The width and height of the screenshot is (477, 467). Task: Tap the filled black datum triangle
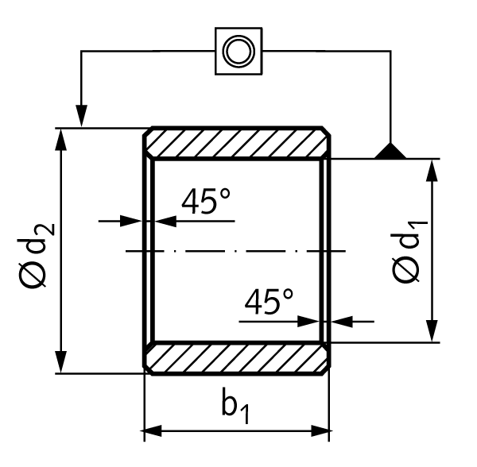pyautogui.click(x=391, y=151)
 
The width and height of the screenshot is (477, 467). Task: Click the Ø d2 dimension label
pyautogui.click(x=36, y=254)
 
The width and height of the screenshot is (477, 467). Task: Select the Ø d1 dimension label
pyautogui.click(x=406, y=253)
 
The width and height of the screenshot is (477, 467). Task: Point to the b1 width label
pyautogui.click(x=237, y=407)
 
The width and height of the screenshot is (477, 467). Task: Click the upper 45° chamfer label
pyautogui.click(x=205, y=203)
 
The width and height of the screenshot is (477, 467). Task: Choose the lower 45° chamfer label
pyautogui.click(x=269, y=303)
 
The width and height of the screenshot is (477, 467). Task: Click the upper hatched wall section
pyautogui.click(x=237, y=142)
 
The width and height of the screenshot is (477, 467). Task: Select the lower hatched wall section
pyautogui.click(x=237, y=357)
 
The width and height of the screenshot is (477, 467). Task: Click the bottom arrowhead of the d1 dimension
pyautogui.click(x=432, y=333)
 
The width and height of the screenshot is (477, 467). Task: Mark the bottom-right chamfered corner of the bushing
pyautogui.click(x=326, y=369)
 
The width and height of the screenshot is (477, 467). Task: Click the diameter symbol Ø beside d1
pyautogui.click(x=405, y=270)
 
